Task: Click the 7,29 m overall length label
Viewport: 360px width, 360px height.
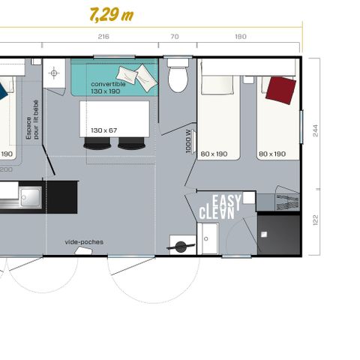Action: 110,15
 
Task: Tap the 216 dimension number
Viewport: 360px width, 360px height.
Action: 104,37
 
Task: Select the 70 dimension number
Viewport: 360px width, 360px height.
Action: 175,37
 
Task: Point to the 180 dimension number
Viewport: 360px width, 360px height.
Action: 240,37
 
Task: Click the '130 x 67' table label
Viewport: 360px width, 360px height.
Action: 104,130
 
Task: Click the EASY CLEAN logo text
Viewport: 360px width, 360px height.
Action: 218,207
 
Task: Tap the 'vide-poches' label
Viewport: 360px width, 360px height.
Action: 84,241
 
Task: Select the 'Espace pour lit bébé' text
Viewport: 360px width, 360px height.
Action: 32,122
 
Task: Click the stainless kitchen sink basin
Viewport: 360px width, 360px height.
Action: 30,197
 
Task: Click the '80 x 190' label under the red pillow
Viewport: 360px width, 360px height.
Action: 271,154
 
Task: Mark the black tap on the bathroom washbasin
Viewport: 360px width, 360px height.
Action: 180,245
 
